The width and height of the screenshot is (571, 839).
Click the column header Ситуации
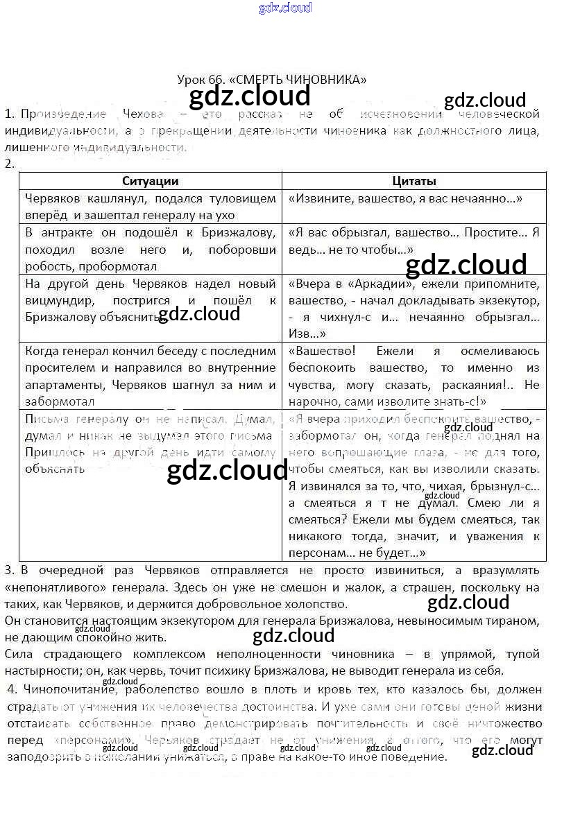150,181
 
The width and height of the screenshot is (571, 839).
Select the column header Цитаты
414,181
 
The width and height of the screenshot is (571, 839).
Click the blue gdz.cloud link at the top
285,8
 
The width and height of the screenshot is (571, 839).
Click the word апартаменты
60,384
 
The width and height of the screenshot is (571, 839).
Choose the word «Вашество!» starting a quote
322,351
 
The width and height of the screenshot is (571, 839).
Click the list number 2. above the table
9,164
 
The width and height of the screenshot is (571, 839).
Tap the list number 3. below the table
9,570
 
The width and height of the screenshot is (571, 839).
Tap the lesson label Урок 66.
198,79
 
